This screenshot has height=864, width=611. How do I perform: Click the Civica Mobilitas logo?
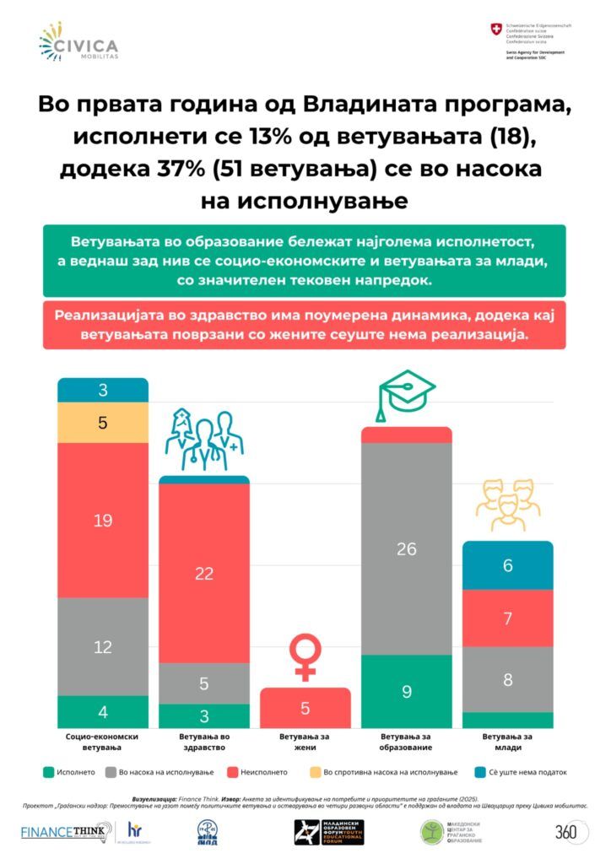(78, 42)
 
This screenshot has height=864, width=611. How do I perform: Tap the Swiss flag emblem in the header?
(495, 30)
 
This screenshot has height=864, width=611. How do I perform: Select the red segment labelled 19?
(103, 520)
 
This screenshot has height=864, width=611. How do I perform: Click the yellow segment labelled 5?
(103, 423)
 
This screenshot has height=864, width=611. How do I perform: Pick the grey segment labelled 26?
(407, 548)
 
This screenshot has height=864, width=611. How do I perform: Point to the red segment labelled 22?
(204, 573)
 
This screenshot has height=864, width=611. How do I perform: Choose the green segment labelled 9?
(407, 691)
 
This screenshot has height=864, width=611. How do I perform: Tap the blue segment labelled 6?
(508, 565)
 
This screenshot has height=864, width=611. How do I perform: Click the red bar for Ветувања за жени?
(305, 708)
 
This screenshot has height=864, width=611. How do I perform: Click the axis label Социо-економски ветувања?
(103, 742)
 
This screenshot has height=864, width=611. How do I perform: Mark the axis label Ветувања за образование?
(407, 742)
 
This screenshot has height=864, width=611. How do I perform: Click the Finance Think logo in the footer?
(66, 833)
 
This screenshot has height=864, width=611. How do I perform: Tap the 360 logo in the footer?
(566, 832)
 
